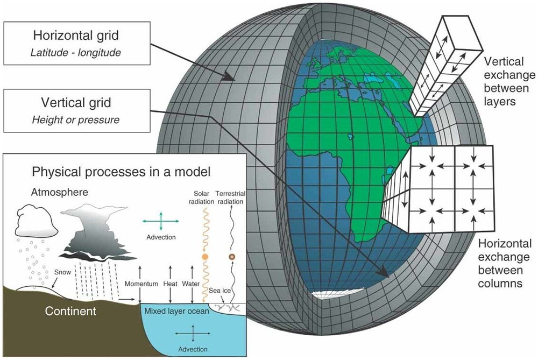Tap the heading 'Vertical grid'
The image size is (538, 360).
pos(76,103)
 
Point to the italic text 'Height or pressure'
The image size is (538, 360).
pos(76,119)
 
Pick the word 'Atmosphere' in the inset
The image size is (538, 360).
pos(56,192)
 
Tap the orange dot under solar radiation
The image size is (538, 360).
pos(205,257)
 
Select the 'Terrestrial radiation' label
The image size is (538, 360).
pos(230,197)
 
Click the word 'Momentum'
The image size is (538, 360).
pos(140,284)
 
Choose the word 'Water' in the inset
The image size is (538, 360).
pos(191,284)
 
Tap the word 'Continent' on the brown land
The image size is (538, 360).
pos(70,311)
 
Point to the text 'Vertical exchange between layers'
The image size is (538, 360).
pos(506,82)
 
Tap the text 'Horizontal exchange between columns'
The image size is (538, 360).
pos(505,263)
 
